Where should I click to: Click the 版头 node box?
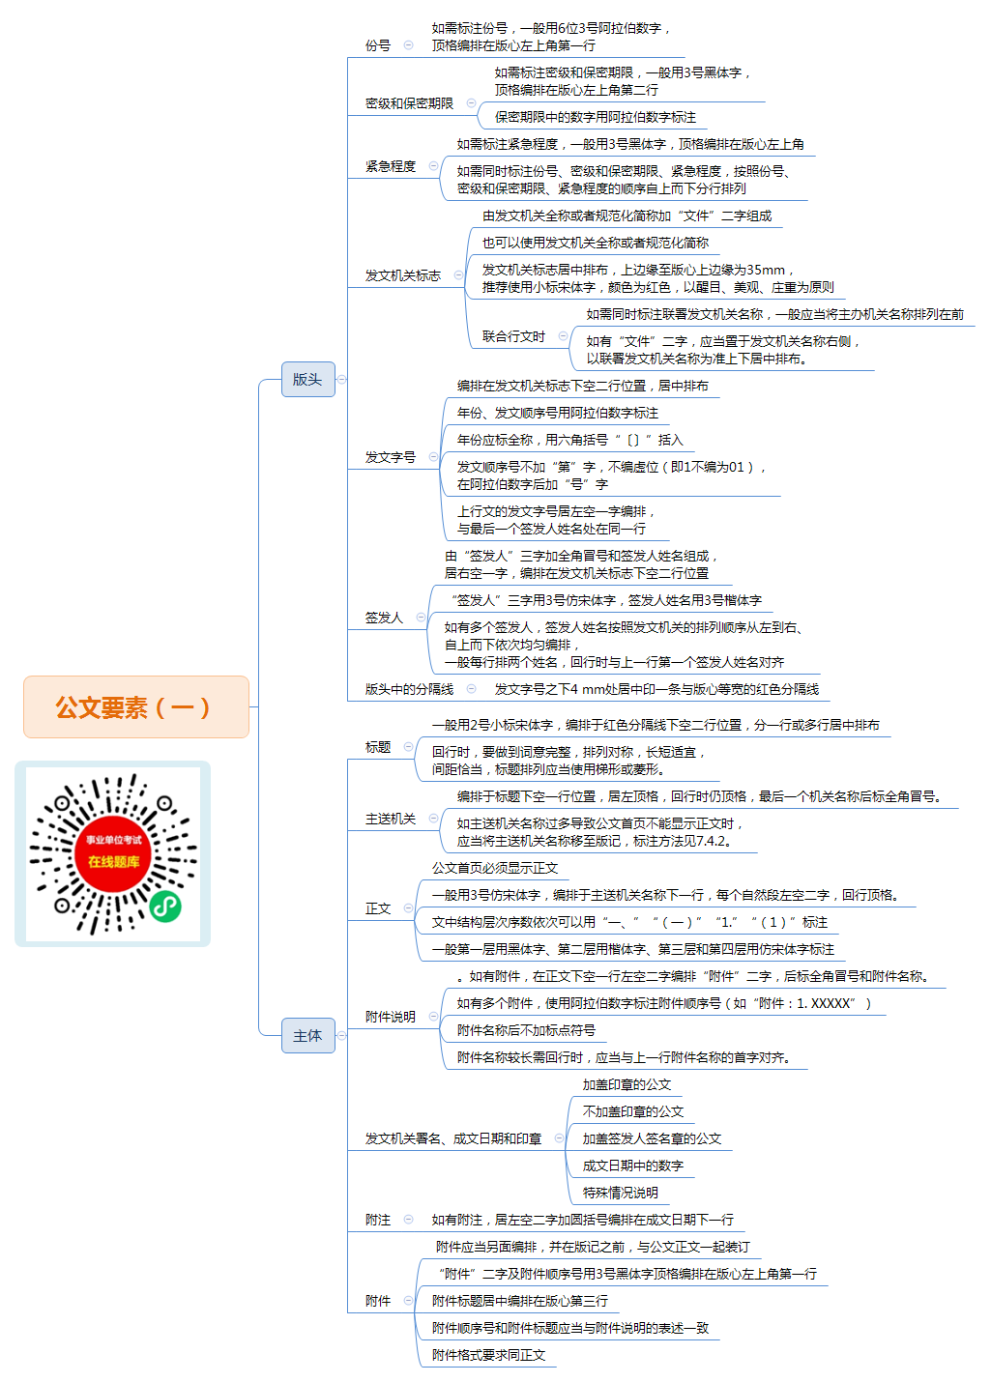coord(307,379)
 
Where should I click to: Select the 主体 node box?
coord(307,1035)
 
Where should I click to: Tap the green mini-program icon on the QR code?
coord(165,907)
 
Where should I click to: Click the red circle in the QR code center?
coord(113,853)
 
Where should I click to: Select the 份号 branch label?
coord(378,45)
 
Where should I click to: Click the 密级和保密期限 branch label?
coord(409,103)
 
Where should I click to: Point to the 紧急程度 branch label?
coord(391,166)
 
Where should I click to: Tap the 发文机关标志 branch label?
coord(403,275)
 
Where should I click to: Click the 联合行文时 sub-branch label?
coord(513,336)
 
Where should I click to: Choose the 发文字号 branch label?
coord(391,457)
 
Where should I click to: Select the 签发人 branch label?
coord(384,618)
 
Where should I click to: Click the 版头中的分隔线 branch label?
coord(409,689)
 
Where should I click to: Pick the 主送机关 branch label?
coord(391,819)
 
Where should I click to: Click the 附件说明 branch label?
coord(391,1017)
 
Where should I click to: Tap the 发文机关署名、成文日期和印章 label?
coord(453,1138)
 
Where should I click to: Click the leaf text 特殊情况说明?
coord(620,1193)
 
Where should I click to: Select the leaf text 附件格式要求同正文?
coord(488,1355)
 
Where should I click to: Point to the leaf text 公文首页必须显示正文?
coord(495,868)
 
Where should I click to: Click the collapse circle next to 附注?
coord(408,1219)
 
